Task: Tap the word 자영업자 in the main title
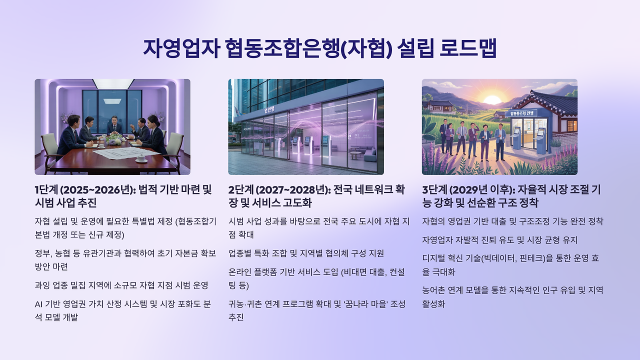(x=181, y=48)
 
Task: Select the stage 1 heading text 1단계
(x=45, y=189)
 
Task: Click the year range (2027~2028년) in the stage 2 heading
(x=293, y=189)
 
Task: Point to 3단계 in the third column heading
(x=435, y=189)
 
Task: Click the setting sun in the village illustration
(x=491, y=99)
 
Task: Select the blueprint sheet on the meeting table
(x=127, y=152)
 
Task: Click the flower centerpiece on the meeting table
(x=115, y=138)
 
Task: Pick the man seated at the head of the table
(x=114, y=125)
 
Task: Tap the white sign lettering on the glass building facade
(x=269, y=109)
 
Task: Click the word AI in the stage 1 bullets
(x=38, y=304)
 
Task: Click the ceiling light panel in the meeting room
(x=113, y=83)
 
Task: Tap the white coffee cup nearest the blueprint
(x=141, y=158)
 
